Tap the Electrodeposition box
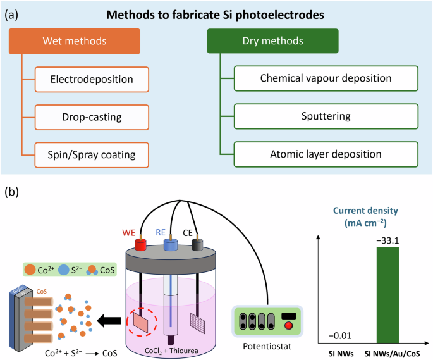pyautogui.click(x=92, y=80)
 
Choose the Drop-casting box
pyautogui.click(x=92, y=118)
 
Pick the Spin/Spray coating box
pyautogui.click(x=92, y=154)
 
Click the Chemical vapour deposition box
pyautogui.click(x=326, y=80)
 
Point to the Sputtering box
pyautogui.click(x=326, y=117)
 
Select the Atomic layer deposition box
pyautogui.click(x=326, y=154)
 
